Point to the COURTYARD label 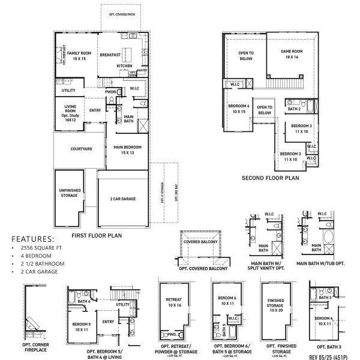click(x=81, y=148)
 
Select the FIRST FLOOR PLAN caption click(x=97, y=236)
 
